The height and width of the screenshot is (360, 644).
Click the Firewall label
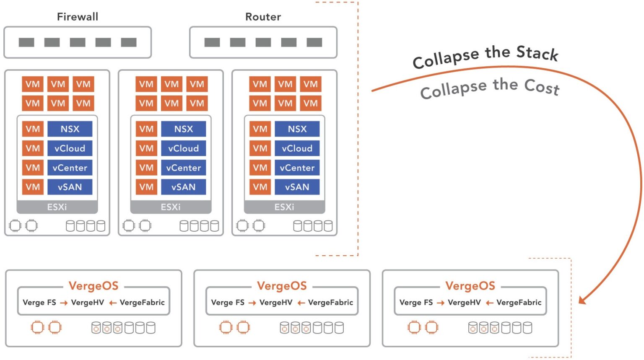click(x=78, y=17)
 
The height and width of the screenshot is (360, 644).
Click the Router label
click(x=263, y=17)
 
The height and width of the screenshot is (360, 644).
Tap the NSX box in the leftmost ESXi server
click(x=70, y=129)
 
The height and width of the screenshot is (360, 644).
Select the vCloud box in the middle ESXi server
click(x=183, y=148)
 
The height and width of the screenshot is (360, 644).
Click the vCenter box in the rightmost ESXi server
click(x=297, y=168)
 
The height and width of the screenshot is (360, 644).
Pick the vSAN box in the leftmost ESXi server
click(x=70, y=187)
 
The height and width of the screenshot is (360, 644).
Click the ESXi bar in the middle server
click(x=171, y=207)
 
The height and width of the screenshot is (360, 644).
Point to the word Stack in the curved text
click(x=537, y=53)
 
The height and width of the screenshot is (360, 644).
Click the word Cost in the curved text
click(x=542, y=87)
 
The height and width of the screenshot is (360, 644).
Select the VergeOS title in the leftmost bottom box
click(x=93, y=286)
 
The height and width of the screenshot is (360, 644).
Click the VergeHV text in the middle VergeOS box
click(x=275, y=303)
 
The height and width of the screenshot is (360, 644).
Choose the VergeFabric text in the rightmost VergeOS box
click(x=519, y=303)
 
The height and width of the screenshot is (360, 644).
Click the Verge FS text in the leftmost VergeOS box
click(x=39, y=303)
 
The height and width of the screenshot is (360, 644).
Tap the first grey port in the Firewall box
click(x=26, y=42)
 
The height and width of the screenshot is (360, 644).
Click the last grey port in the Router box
click(x=314, y=42)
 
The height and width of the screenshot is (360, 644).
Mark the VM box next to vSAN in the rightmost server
click(x=260, y=187)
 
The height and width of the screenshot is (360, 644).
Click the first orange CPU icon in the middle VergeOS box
click(x=226, y=327)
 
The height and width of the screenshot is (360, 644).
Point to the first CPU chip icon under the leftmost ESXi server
click(x=15, y=226)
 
